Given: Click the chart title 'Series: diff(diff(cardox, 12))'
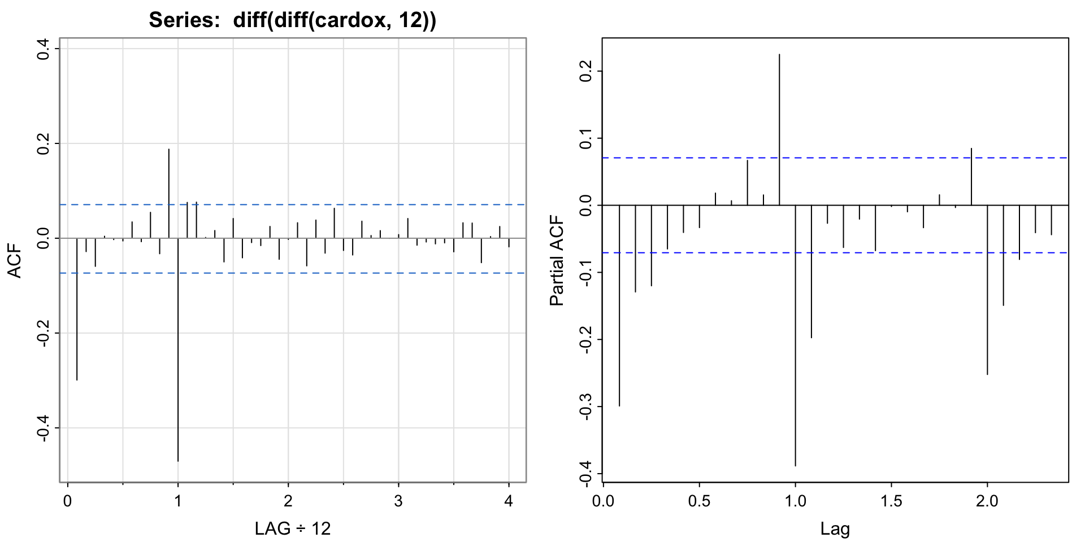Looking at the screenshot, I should click(x=292, y=20).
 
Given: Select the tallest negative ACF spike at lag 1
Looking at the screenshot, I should click(x=178, y=350).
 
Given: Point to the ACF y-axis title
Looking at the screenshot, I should click(x=16, y=261).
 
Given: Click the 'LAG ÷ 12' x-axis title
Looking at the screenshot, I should click(x=292, y=528).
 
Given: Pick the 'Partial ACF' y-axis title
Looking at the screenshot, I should click(x=557, y=261).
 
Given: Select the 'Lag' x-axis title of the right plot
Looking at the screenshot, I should click(x=835, y=528).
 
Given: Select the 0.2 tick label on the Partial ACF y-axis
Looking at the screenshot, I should click(x=586, y=71).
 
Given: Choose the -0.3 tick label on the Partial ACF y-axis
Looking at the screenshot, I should click(x=586, y=406).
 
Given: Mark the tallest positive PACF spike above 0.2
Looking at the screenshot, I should click(x=779, y=130).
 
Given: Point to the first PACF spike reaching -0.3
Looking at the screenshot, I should click(x=619, y=305).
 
